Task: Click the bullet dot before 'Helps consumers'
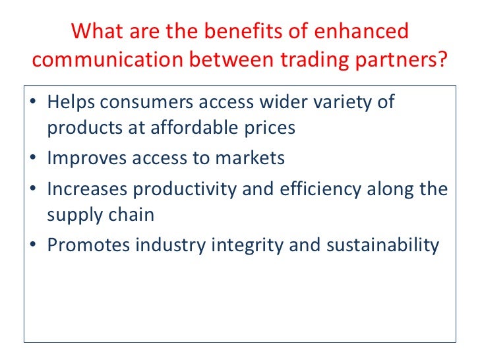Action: click(x=34, y=104)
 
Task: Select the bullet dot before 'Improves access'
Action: click(x=34, y=158)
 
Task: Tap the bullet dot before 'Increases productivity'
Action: click(x=34, y=190)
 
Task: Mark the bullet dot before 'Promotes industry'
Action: click(x=34, y=245)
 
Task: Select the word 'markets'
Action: click(x=253, y=158)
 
